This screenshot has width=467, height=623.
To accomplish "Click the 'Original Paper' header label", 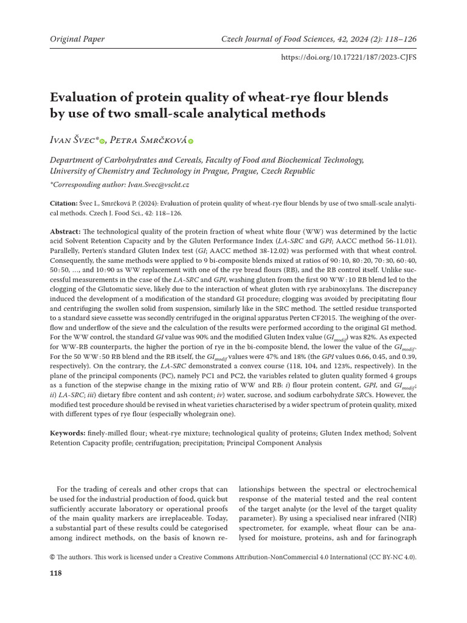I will [77, 39].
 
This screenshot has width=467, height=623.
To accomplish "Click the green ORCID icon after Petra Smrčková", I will [190, 142].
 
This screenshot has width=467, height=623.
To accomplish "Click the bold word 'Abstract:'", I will [65, 232].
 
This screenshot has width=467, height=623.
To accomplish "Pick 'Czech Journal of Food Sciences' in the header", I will [280, 39].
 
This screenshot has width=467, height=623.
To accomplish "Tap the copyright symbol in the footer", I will [52, 557].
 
